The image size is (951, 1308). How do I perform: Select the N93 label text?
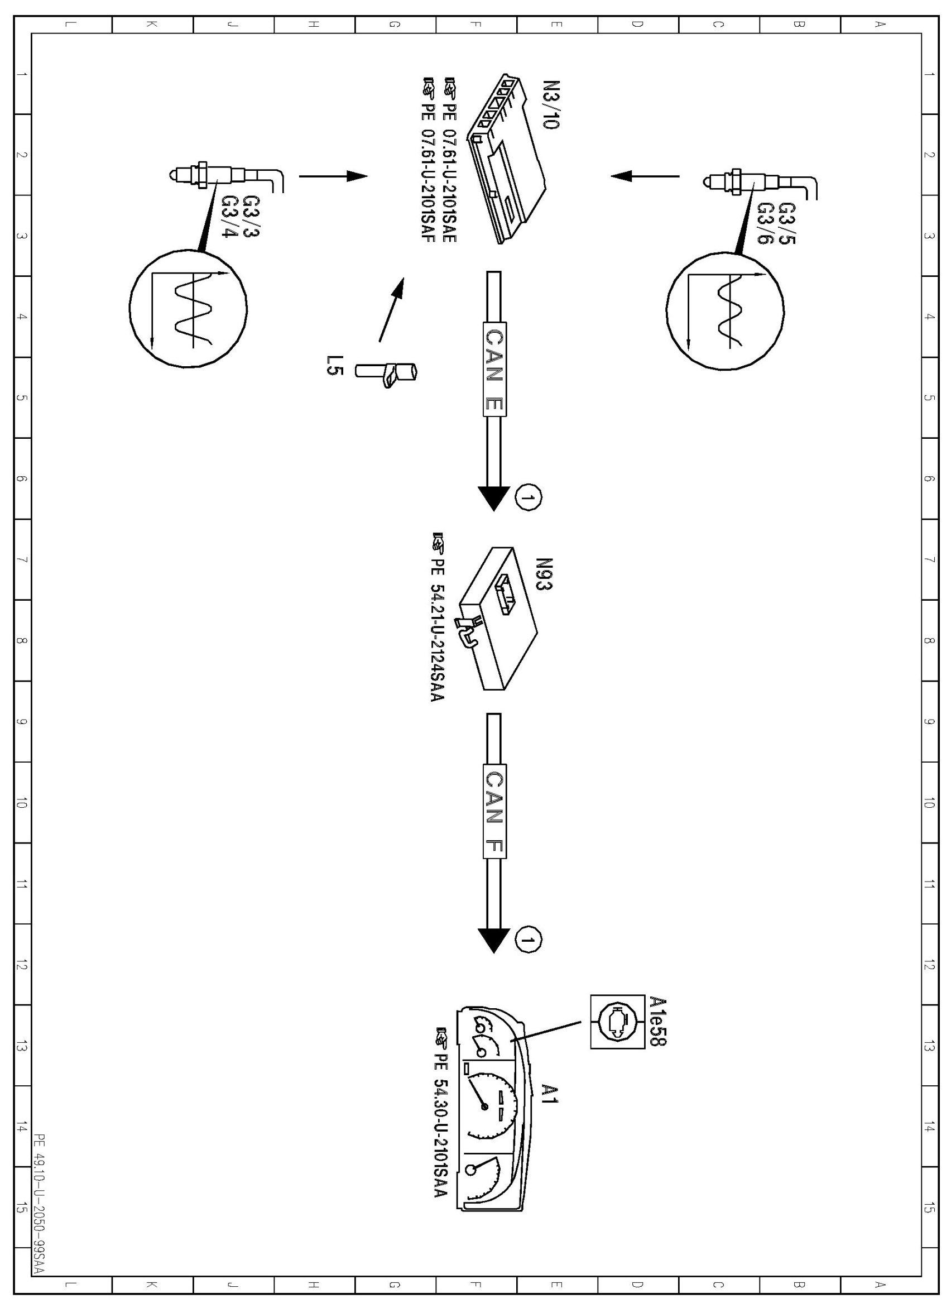tap(544, 574)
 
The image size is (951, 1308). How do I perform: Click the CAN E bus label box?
tap(494, 369)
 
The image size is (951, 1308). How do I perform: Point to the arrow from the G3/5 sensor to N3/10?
tap(645, 175)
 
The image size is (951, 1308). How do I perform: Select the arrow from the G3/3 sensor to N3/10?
tap(333, 176)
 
